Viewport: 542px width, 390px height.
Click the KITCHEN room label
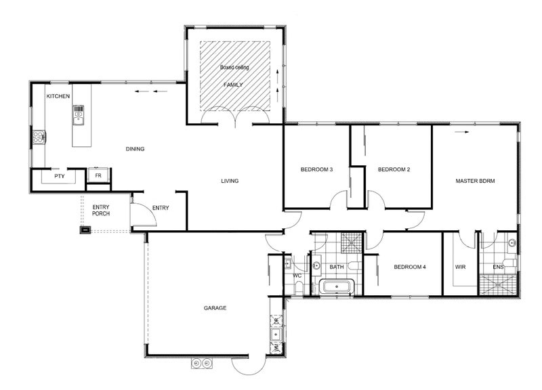click(x=58, y=96)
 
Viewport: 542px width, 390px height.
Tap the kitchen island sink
click(x=79, y=114)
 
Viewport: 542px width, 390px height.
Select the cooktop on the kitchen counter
click(x=39, y=137)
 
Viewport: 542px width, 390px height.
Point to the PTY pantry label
click(x=60, y=176)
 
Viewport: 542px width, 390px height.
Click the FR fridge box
click(x=98, y=175)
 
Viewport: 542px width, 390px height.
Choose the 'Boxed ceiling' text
click(x=234, y=67)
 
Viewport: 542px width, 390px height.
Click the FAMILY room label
click(x=233, y=85)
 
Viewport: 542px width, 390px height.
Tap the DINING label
click(x=135, y=149)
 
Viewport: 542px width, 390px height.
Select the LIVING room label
click(x=230, y=181)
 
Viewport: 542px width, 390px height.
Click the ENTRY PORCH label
click(x=101, y=211)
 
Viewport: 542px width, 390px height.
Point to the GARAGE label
click(x=215, y=308)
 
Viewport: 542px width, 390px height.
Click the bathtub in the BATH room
click(x=337, y=286)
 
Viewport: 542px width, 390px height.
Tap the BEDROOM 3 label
click(x=316, y=170)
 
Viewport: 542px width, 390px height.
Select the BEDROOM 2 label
click(x=394, y=170)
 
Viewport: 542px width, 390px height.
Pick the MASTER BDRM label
click(x=476, y=181)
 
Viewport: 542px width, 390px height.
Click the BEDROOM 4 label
click(x=410, y=267)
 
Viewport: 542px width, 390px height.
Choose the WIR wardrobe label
click(x=461, y=267)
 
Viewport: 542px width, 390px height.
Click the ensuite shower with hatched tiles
click(x=498, y=285)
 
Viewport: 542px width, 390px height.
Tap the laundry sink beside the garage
click(x=276, y=334)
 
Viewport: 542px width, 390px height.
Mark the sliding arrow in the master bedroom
click(x=462, y=132)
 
